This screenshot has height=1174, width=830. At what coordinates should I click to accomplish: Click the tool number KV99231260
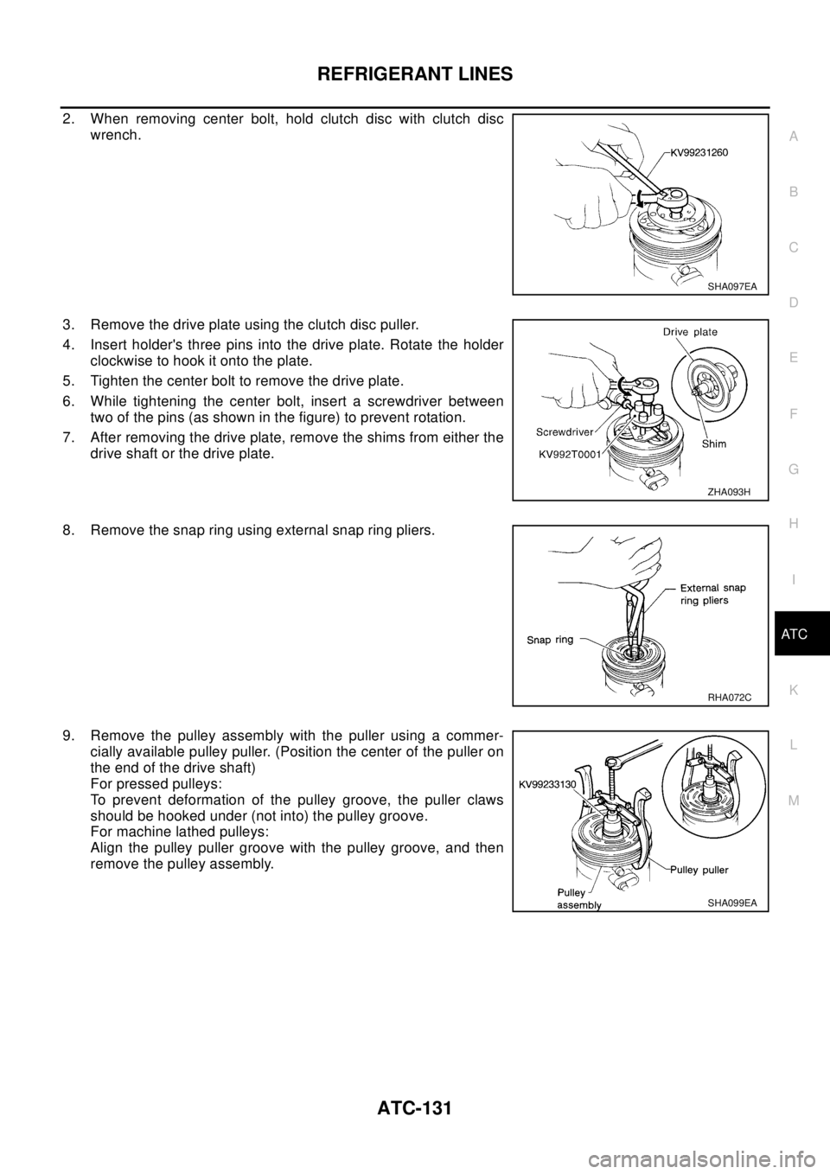point(704,152)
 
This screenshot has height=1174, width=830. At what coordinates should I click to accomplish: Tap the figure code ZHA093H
point(729,492)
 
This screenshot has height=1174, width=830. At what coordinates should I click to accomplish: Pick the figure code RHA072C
point(728,697)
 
